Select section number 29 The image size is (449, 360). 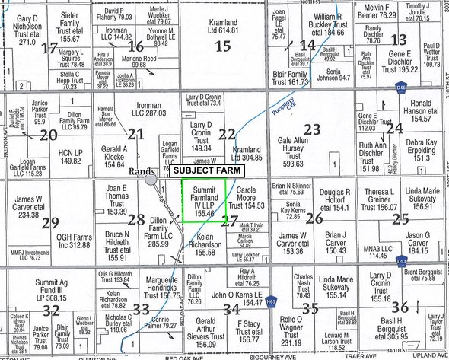pyautogui.click(x=50, y=222)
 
